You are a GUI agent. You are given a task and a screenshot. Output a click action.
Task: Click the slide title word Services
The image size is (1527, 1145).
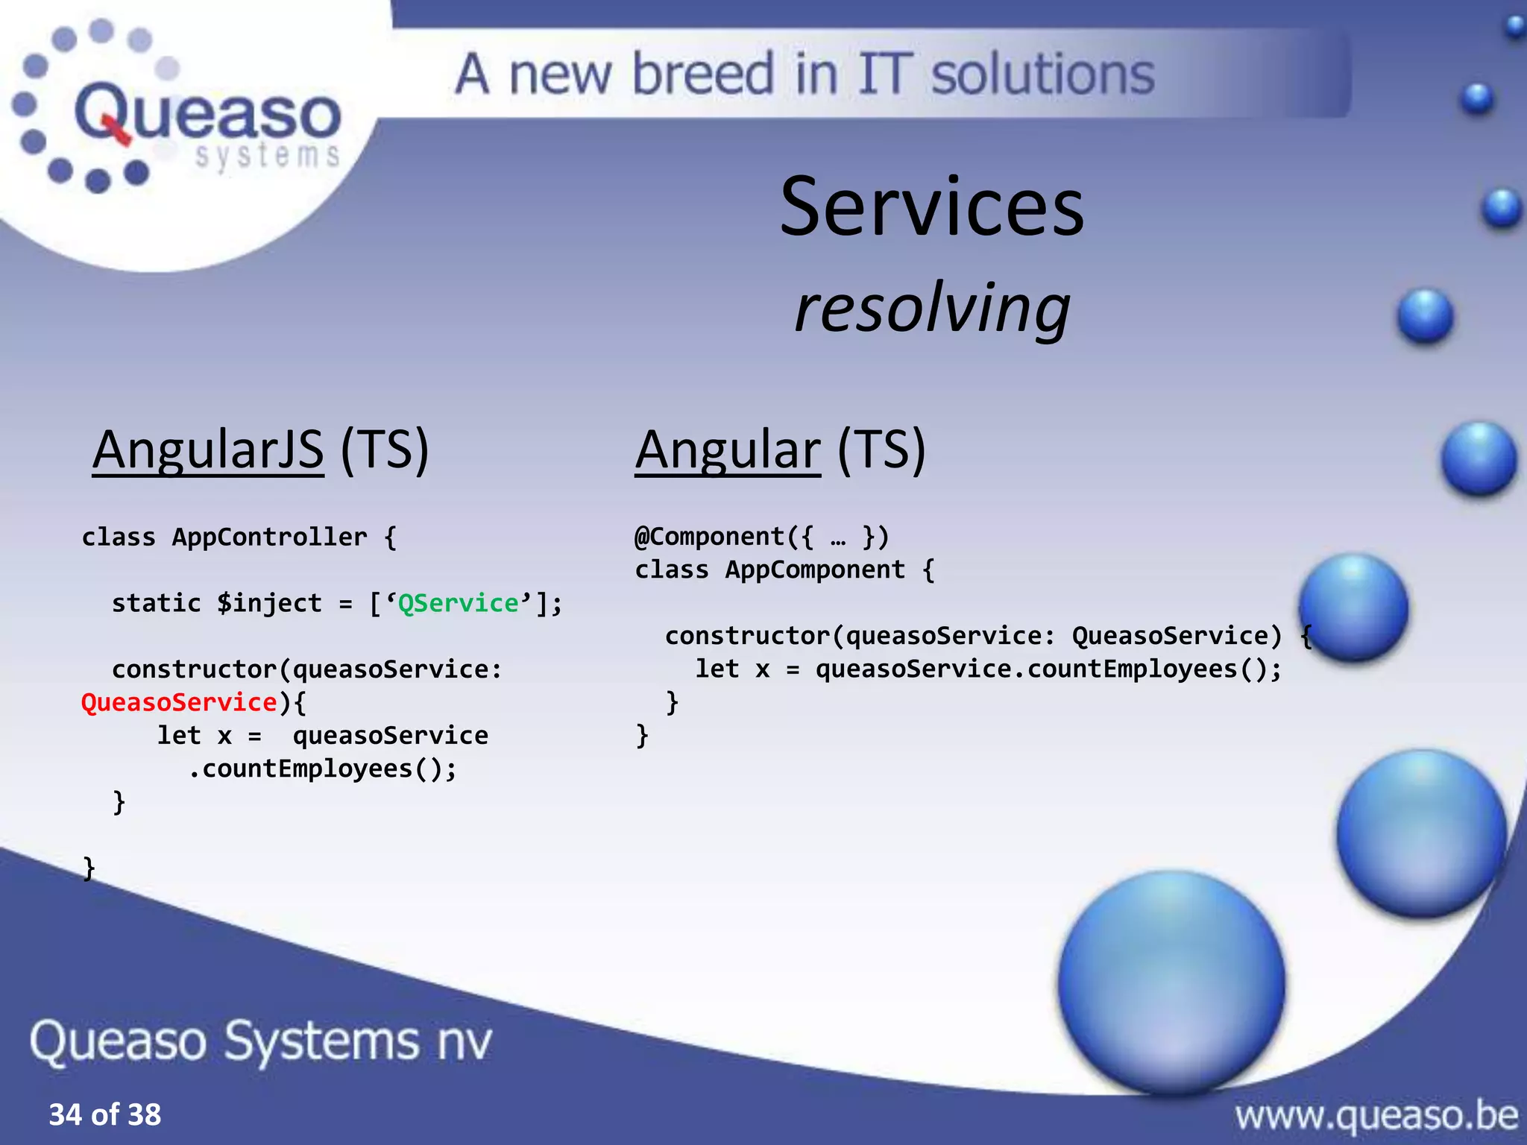[931, 207]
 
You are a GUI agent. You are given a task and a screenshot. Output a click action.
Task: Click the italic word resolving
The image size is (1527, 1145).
[932, 308]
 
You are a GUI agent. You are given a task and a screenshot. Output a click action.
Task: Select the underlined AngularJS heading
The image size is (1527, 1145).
[208, 450]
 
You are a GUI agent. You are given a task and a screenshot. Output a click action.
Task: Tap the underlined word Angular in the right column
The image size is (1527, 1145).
[727, 450]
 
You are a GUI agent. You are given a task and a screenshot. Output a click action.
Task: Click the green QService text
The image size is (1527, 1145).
[458, 603]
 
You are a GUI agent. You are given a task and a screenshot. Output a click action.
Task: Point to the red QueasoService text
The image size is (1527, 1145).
[179, 702]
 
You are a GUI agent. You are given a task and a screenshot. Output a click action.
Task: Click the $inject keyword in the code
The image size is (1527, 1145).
[269, 603]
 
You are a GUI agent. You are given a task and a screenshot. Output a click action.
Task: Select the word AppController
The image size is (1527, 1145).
[269, 537]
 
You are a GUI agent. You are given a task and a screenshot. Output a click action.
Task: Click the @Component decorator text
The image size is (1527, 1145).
[709, 537]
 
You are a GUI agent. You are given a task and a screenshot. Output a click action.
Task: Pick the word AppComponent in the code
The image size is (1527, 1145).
[815, 570]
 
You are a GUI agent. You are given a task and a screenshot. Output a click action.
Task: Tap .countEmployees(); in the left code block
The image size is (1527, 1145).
[322, 769]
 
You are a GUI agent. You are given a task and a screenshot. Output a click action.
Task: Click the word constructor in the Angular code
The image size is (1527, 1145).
[747, 636]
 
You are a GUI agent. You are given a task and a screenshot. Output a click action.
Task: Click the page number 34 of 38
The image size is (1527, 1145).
[104, 1114]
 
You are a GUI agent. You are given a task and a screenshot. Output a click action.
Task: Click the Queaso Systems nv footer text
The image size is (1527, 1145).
[261, 1041]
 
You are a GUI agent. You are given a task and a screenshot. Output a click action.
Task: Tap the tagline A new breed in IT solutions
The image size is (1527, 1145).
[805, 75]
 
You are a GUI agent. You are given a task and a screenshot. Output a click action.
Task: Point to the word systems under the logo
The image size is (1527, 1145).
[267, 156]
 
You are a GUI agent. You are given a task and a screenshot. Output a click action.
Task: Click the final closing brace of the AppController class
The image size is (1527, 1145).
[89, 868]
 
